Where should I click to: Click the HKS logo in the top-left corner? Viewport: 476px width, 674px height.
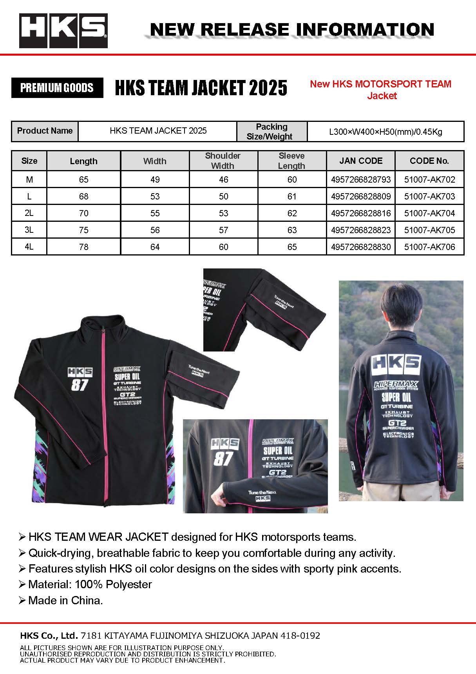pyautogui.click(x=63, y=31)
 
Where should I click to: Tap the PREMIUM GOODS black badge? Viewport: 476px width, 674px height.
pyautogui.click(x=57, y=88)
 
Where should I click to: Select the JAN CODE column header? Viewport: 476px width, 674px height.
pyautogui.click(x=361, y=161)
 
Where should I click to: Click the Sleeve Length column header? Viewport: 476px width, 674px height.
pyautogui.click(x=291, y=161)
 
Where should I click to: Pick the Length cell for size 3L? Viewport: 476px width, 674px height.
pyautogui.click(x=83, y=230)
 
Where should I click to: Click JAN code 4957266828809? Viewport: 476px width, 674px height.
pyautogui.click(x=361, y=196)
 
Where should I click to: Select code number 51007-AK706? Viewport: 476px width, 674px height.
pyautogui.click(x=429, y=247)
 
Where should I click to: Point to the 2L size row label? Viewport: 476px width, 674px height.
pyautogui.click(x=29, y=213)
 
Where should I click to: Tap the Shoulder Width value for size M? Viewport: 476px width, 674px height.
pyautogui.click(x=223, y=179)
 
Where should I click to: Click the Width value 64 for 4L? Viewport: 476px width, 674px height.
pyautogui.click(x=155, y=247)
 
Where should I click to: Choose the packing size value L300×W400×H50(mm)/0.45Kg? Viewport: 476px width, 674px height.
pyautogui.click(x=386, y=132)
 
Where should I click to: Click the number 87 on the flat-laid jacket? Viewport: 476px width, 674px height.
pyautogui.click(x=80, y=385)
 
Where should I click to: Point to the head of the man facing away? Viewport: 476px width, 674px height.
pyautogui.click(x=400, y=310)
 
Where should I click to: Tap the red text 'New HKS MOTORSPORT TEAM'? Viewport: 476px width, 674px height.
pyautogui.click(x=380, y=84)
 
